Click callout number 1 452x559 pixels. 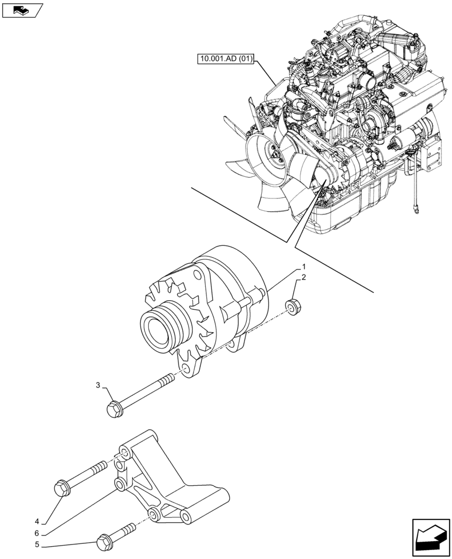click(304, 266)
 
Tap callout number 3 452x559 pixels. click(98, 385)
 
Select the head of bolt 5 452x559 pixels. click(103, 542)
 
